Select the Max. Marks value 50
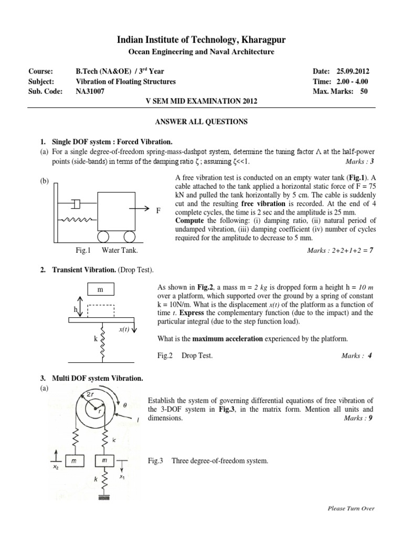click(364, 91)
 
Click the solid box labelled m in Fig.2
click(100, 290)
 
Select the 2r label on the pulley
click(87, 394)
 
